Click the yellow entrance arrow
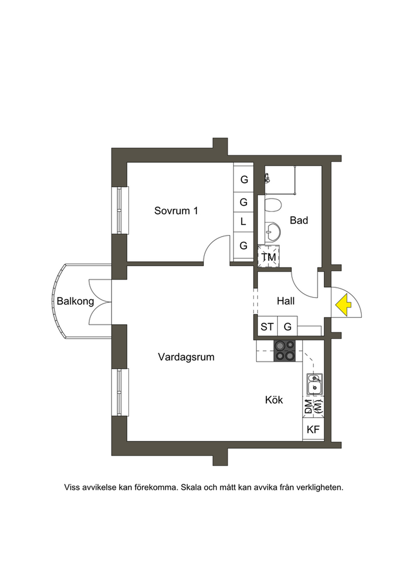(343, 305)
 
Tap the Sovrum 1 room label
(176, 211)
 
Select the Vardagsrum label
(186, 357)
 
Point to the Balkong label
(75, 301)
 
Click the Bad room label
(299, 220)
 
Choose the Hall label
(286, 301)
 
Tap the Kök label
(274, 400)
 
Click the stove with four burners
(284, 350)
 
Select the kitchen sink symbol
(314, 383)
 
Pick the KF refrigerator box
(313, 430)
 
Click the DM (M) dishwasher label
(313, 407)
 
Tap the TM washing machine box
(269, 256)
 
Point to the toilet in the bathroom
(273, 205)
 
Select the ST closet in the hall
(267, 327)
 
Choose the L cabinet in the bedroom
(243, 221)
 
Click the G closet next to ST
(288, 327)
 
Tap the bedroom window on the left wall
(119, 210)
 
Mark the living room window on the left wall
(119, 392)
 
